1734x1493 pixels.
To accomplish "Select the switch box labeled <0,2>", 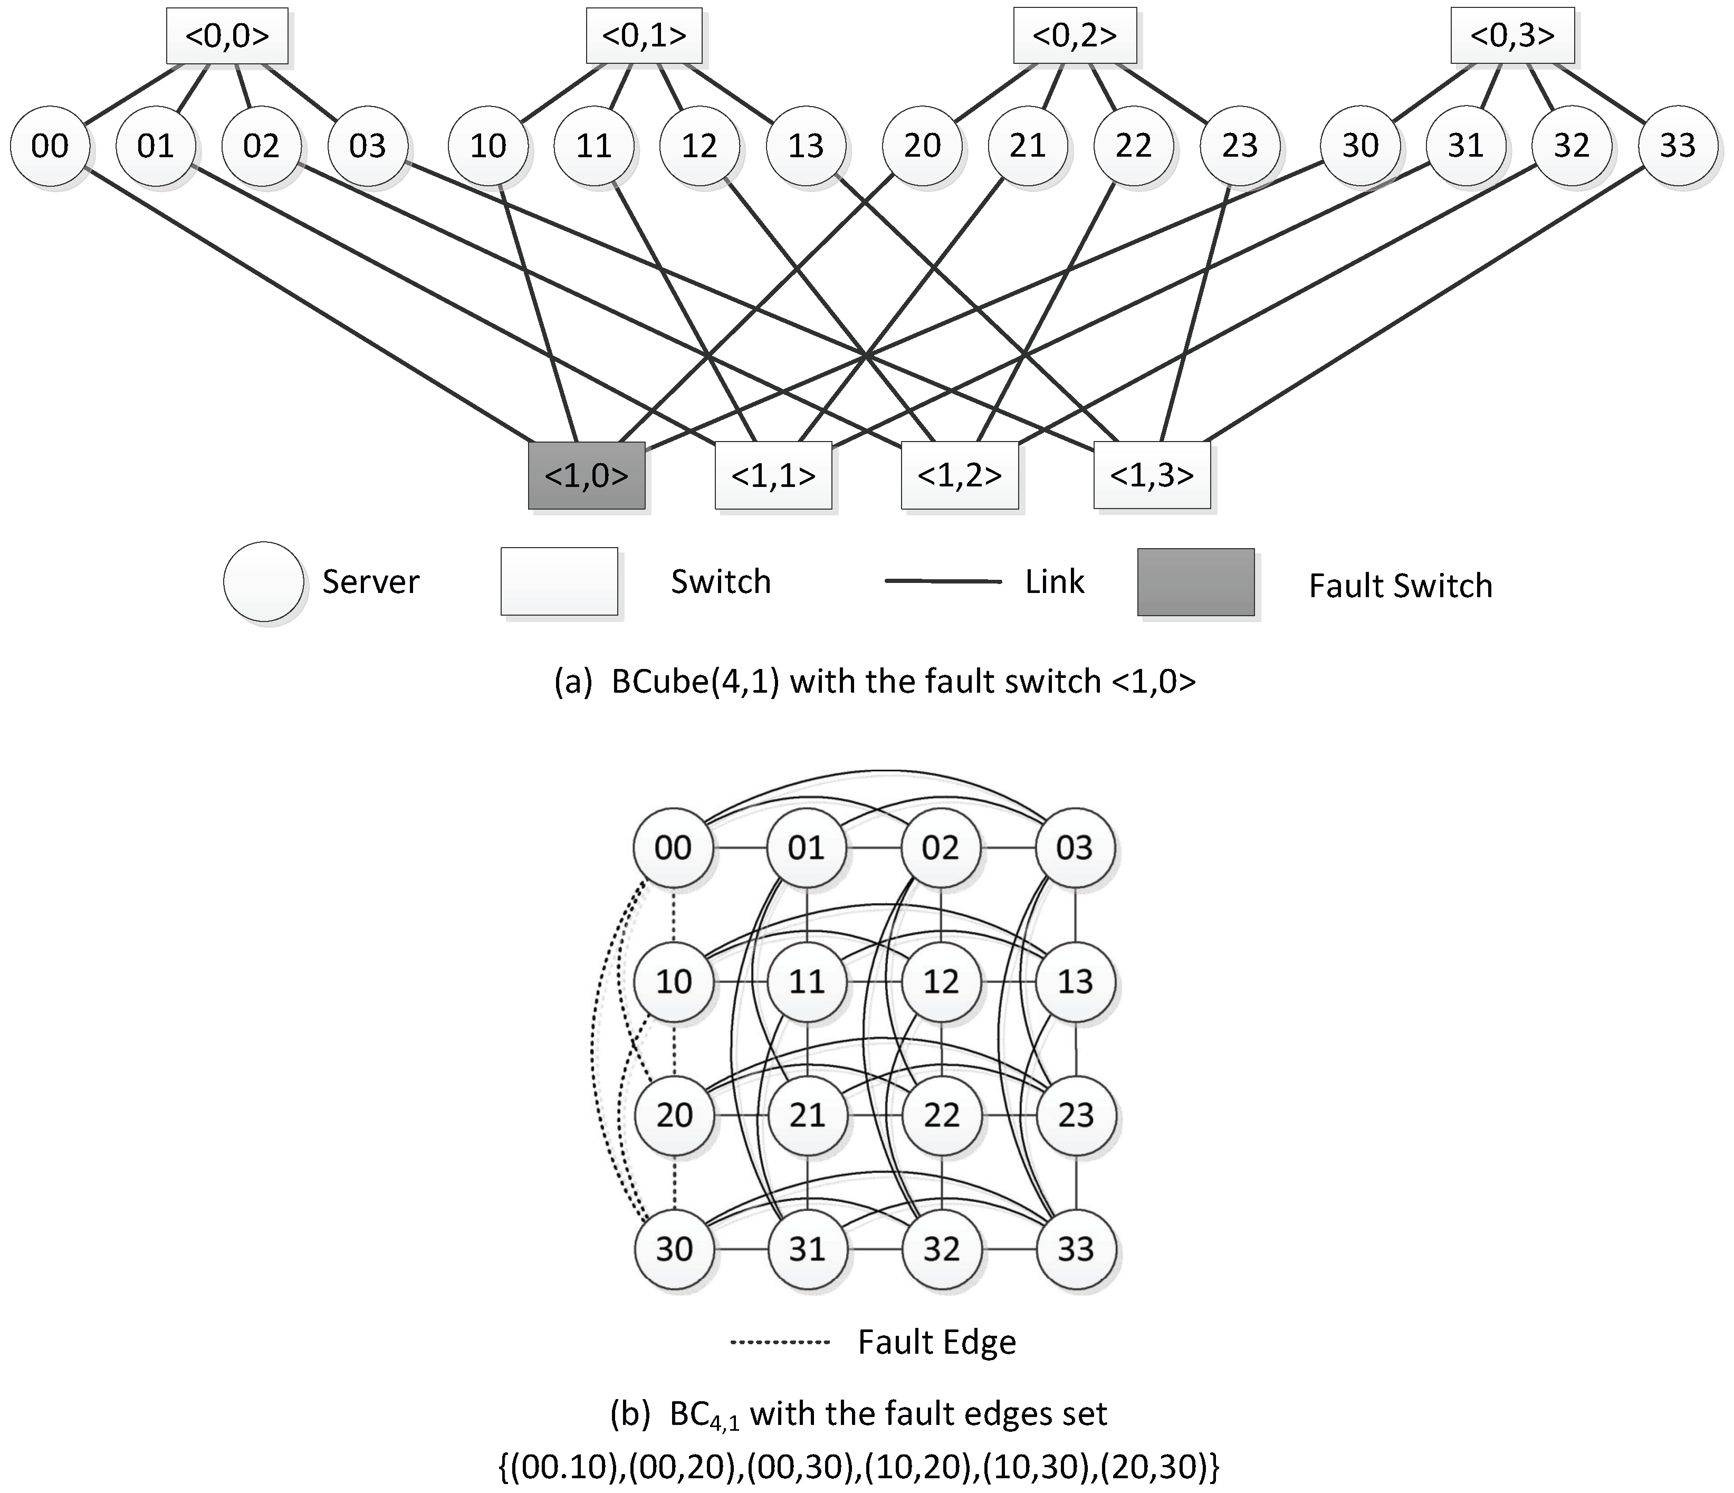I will pyautogui.click(x=1075, y=36).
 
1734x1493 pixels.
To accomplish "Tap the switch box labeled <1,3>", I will pyautogui.click(x=1152, y=475).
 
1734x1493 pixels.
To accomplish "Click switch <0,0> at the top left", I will pyautogui.click(x=227, y=36).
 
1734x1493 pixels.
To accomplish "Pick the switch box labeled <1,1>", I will pyautogui.click(x=773, y=475).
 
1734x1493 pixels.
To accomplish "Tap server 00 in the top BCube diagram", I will pyautogui.click(x=50, y=146).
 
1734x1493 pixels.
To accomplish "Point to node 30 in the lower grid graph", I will pyautogui.click(x=674, y=1249).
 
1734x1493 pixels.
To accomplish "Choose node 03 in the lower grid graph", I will pyautogui.click(x=1075, y=848).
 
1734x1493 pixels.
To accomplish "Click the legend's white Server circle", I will pyautogui.click(x=264, y=581).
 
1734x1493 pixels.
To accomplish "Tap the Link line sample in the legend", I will pyautogui.click(x=943, y=581).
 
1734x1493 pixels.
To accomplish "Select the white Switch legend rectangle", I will pyautogui.click(x=559, y=581).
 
